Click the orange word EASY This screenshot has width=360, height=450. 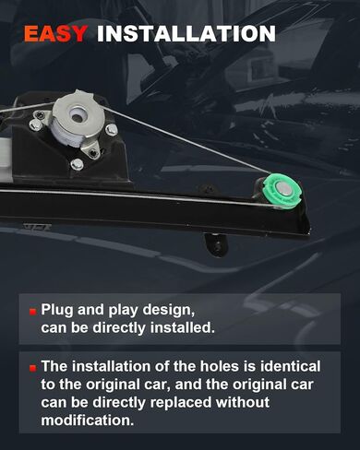coord(55,33)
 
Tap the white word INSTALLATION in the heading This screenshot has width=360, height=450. coord(186,33)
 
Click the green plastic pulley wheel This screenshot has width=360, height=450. coord(282,191)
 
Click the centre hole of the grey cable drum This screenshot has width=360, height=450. coord(77,114)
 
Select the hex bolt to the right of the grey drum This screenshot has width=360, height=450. coord(111,129)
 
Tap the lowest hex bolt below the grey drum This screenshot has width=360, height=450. coord(77,164)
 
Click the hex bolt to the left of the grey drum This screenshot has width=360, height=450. coord(35,124)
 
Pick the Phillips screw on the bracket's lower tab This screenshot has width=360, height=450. coord(92,152)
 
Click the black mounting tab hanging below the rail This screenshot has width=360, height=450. coord(217,244)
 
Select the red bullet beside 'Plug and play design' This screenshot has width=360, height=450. coord(33,312)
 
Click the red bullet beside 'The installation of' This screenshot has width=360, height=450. coord(33,368)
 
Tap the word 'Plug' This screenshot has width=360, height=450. coord(57,311)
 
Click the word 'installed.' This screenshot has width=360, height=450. coord(182,327)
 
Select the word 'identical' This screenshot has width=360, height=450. coord(290,366)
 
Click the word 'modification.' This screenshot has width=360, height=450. coord(88,420)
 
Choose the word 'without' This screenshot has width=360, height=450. coord(242,402)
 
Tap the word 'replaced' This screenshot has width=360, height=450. coord(181,403)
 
